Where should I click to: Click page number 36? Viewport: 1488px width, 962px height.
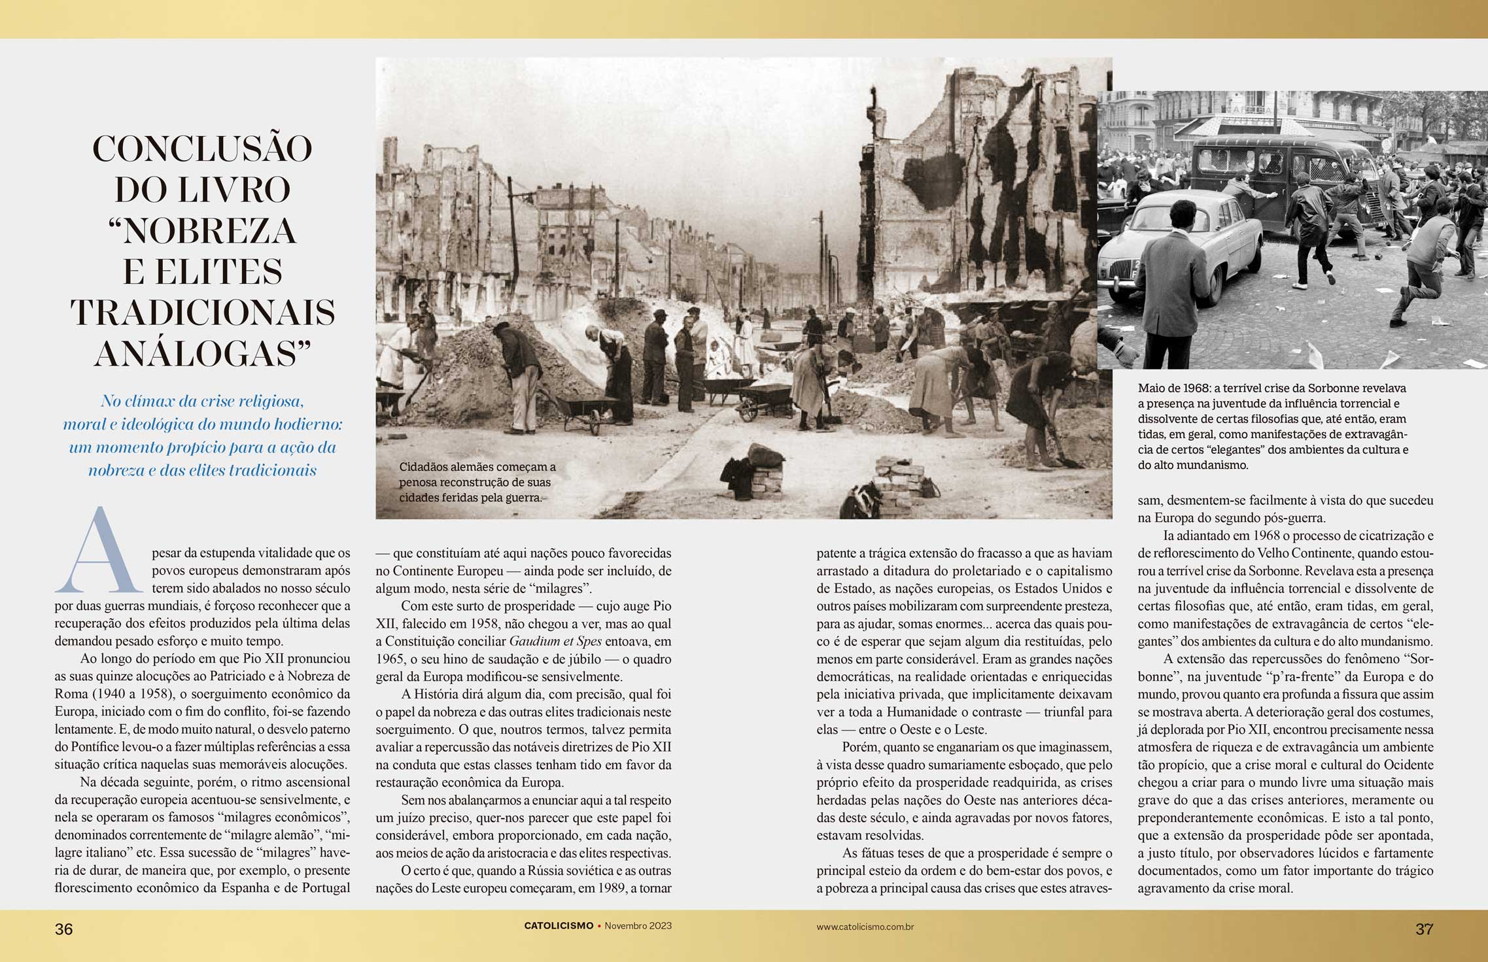[63, 929]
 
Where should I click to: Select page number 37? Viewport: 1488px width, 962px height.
[1424, 929]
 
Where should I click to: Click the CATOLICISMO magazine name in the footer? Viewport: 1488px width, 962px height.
[559, 926]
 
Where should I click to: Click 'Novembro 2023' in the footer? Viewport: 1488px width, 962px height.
[638, 926]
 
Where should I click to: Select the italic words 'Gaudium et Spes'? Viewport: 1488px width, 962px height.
[555, 642]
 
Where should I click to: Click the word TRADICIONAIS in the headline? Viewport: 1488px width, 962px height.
[202, 313]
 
